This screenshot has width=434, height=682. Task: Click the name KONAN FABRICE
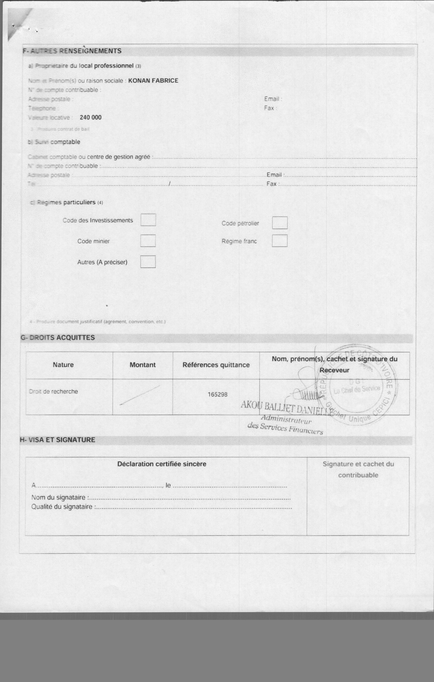point(153,81)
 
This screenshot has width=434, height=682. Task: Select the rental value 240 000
point(91,118)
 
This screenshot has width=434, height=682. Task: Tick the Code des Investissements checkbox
point(148,220)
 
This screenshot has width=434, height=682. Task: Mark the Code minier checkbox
point(148,241)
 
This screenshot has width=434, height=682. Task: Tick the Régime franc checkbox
point(280,241)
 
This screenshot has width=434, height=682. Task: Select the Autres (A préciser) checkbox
point(148,262)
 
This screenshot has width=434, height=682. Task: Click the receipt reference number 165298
point(217,394)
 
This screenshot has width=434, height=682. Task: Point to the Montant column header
point(142,365)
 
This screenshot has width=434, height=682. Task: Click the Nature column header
point(63,365)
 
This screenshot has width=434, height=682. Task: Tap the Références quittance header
point(216,365)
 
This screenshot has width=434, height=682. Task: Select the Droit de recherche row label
point(53,391)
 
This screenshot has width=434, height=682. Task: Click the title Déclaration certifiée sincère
point(162,464)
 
